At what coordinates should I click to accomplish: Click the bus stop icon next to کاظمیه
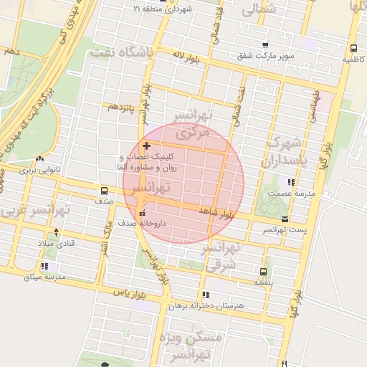tap(353, 49)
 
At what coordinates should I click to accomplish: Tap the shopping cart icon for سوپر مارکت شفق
tap(265, 45)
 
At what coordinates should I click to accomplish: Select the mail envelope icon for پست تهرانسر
tap(286, 219)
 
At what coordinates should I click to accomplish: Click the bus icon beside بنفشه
tap(263, 272)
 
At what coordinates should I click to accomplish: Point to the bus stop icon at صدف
tap(105, 191)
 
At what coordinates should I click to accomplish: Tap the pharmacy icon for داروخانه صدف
tap(142, 213)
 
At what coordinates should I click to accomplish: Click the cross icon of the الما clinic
tap(147, 146)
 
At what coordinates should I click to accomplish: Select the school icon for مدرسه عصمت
tap(290, 182)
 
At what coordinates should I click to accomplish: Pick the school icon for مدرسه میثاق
tap(44, 266)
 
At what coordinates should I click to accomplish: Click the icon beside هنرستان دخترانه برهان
tap(206, 295)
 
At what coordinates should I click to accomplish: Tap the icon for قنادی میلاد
tap(57, 233)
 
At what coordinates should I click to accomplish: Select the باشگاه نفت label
tap(123, 51)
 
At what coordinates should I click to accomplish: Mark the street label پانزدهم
tap(121, 108)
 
